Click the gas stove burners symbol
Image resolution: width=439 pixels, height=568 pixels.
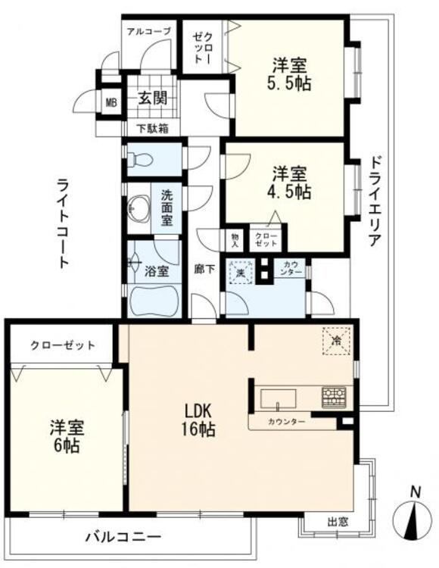click(333, 396)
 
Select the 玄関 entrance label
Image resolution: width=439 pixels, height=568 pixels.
click(152, 97)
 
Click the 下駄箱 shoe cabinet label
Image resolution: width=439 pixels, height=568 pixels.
click(152, 128)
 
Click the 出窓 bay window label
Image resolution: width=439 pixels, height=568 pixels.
click(338, 522)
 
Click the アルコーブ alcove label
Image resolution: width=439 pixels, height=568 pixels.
click(148, 31)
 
